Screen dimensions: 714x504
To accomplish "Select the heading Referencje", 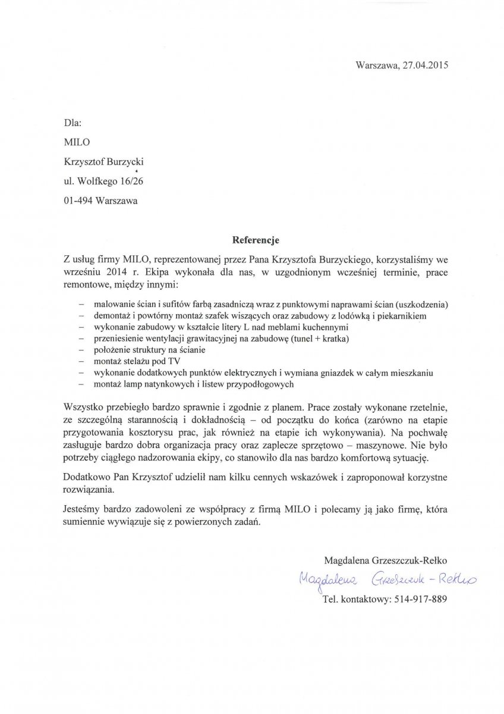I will (x=254, y=241).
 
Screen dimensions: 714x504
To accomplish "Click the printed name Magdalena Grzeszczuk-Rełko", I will (x=386, y=560).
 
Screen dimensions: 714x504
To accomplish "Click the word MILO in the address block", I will (x=75, y=142).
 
